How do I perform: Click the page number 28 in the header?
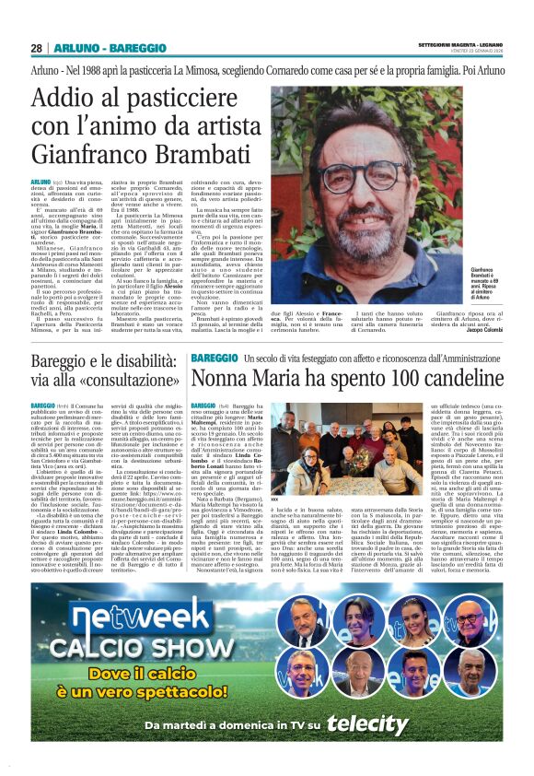click(x=36, y=48)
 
